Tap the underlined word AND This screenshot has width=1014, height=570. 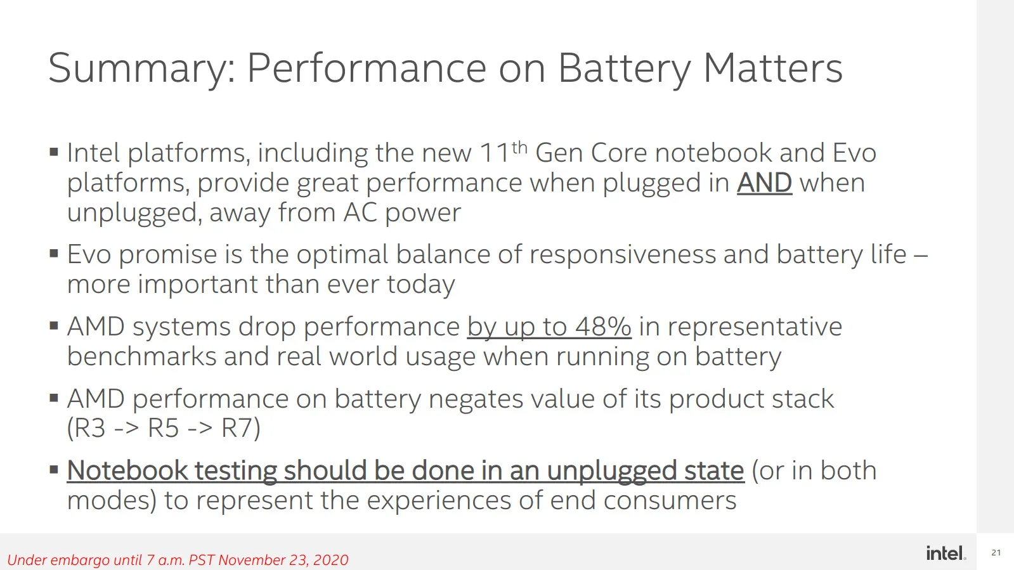pyautogui.click(x=765, y=183)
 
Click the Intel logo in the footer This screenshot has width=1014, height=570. pyautogui.click(x=946, y=553)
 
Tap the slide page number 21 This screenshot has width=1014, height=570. pyautogui.click(x=996, y=552)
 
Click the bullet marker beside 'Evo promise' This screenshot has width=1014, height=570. pyautogui.click(x=54, y=253)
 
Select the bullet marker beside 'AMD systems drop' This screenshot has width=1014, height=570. pyautogui.click(x=54, y=325)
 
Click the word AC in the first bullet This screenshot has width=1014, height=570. pyautogui.click(x=360, y=212)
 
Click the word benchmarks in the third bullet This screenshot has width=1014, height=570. pyautogui.click(x=141, y=356)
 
